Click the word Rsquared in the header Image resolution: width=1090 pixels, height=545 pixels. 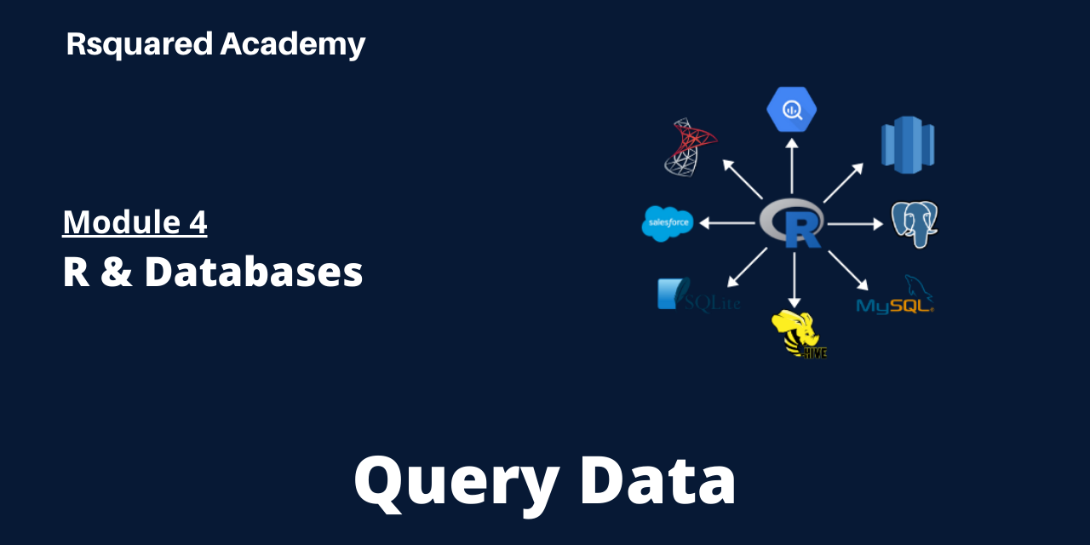click(x=140, y=44)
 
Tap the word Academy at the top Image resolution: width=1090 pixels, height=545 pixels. click(x=292, y=44)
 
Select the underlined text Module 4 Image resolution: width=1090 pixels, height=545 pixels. click(x=135, y=222)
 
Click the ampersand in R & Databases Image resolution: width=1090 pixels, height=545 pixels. click(x=115, y=272)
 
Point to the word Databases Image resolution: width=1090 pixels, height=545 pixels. click(x=254, y=272)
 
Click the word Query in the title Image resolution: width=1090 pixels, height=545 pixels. click(x=456, y=482)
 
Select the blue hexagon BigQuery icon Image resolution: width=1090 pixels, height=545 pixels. click(x=791, y=109)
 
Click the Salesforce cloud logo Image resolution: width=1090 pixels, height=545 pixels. click(x=668, y=224)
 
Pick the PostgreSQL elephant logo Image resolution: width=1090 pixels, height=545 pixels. click(x=915, y=224)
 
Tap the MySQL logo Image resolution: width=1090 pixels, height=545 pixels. click(x=895, y=299)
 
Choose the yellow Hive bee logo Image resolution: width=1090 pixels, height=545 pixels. click(x=796, y=334)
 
